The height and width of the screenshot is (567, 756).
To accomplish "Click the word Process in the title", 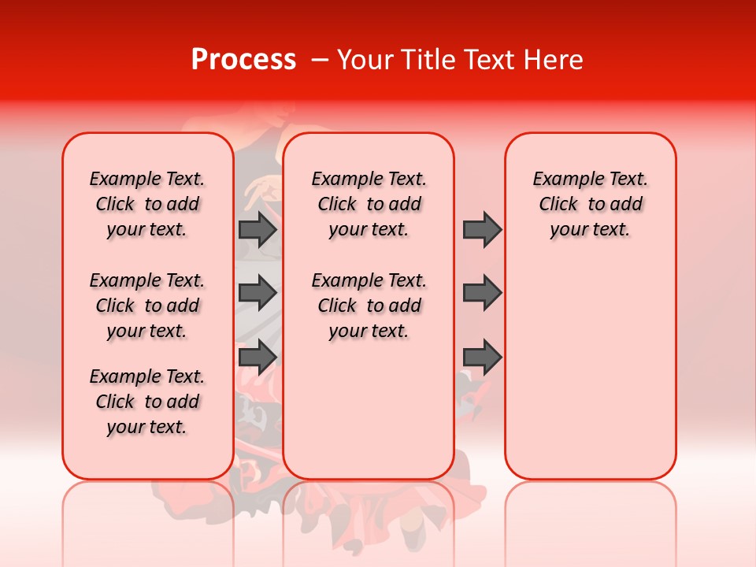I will click(x=243, y=60).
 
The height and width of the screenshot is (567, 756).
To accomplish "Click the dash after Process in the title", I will click(x=319, y=61).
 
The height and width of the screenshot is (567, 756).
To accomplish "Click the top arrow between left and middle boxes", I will click(x=258, y=229).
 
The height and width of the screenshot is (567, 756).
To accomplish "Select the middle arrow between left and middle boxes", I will click(x=258, y=293).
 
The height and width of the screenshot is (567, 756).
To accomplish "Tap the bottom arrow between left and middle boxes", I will click(x=258, y=357).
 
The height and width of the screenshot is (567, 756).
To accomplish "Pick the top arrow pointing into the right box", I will click(x=482, y=229).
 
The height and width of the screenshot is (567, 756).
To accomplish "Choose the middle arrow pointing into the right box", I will click(x=482, y=293).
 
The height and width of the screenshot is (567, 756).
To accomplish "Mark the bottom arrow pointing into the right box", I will click(x=482, y=357).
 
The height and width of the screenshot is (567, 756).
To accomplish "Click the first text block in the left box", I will click(x=147, y=204).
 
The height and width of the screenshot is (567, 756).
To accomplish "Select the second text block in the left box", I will click(x=147, y=306).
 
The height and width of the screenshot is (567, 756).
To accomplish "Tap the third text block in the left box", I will click(x=147, y=402).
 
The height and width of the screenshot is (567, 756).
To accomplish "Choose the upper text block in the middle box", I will click(x=369, y=204).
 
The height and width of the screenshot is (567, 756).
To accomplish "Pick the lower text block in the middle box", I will click(x=369, y=306).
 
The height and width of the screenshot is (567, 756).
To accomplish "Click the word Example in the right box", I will click(x=561, y=180).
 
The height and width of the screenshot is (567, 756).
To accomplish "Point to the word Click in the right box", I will click(x=558, y=205).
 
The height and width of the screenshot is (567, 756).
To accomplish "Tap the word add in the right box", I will click(x=626, y=205).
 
